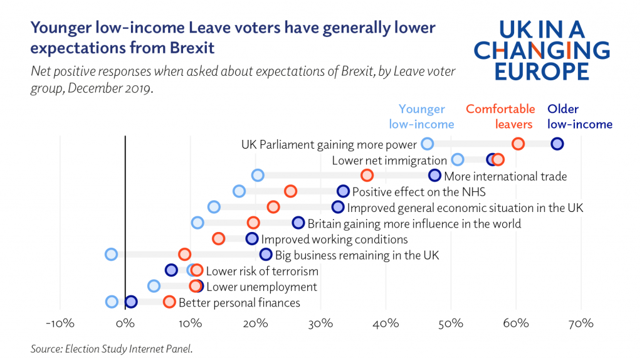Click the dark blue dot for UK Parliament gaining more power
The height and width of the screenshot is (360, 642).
coord(557,144)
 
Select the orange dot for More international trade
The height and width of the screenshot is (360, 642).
coord(367,175)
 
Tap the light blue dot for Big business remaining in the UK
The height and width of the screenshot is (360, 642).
coord(111,254)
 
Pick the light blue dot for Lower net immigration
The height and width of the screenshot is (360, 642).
coord(458,159)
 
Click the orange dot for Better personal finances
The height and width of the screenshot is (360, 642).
coord(169,302)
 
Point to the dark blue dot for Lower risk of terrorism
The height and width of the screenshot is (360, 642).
coord(171,270)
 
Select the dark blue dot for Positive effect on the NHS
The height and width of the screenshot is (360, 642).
coord(343,191)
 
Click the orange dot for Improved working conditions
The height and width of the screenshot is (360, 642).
coord(218,238)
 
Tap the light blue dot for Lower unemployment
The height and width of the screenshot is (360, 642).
coord(154,286)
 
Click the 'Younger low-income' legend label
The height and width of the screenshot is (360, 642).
coord(421,117)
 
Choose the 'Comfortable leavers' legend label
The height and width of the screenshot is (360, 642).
coord(500,117)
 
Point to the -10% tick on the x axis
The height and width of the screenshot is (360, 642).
coord(60,324)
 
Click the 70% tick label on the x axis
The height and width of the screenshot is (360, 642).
coord(581,324)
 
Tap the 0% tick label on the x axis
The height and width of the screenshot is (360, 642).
coord(125,324)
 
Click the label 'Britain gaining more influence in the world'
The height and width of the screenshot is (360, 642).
coord(414,223)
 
